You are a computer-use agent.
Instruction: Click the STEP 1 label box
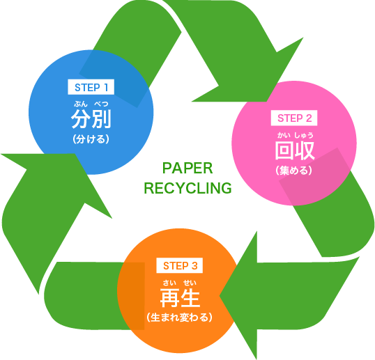[x=91, y=87]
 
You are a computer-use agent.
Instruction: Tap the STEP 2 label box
[x=294, y=118]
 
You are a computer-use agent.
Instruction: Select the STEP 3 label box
[x=180, y=265]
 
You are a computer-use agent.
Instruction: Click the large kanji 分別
[x=91, y=119]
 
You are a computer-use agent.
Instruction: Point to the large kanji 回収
[x=294, y=150]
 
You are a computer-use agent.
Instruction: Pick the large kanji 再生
[x=180, y=297]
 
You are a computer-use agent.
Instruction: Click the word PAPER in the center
[x=187, y=169]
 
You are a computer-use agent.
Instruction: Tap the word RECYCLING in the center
[x=187, y=188]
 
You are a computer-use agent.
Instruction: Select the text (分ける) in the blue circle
[x=91, y=139]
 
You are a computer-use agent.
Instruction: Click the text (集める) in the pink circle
[x=294, y=171]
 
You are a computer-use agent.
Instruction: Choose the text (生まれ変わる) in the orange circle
[x=180, y=318]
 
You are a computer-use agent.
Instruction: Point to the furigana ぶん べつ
[x=91, y=104]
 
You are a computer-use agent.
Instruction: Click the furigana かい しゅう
[x=295, y=136]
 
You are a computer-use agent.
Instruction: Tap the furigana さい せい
[x=180, y=283]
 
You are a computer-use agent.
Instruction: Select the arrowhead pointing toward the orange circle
[x=239, y=295]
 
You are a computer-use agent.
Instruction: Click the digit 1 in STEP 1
[x=106, y=88]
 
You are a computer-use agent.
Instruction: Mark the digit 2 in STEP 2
[x=308, y=118]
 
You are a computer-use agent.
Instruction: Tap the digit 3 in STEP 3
[x=194, y=266]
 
